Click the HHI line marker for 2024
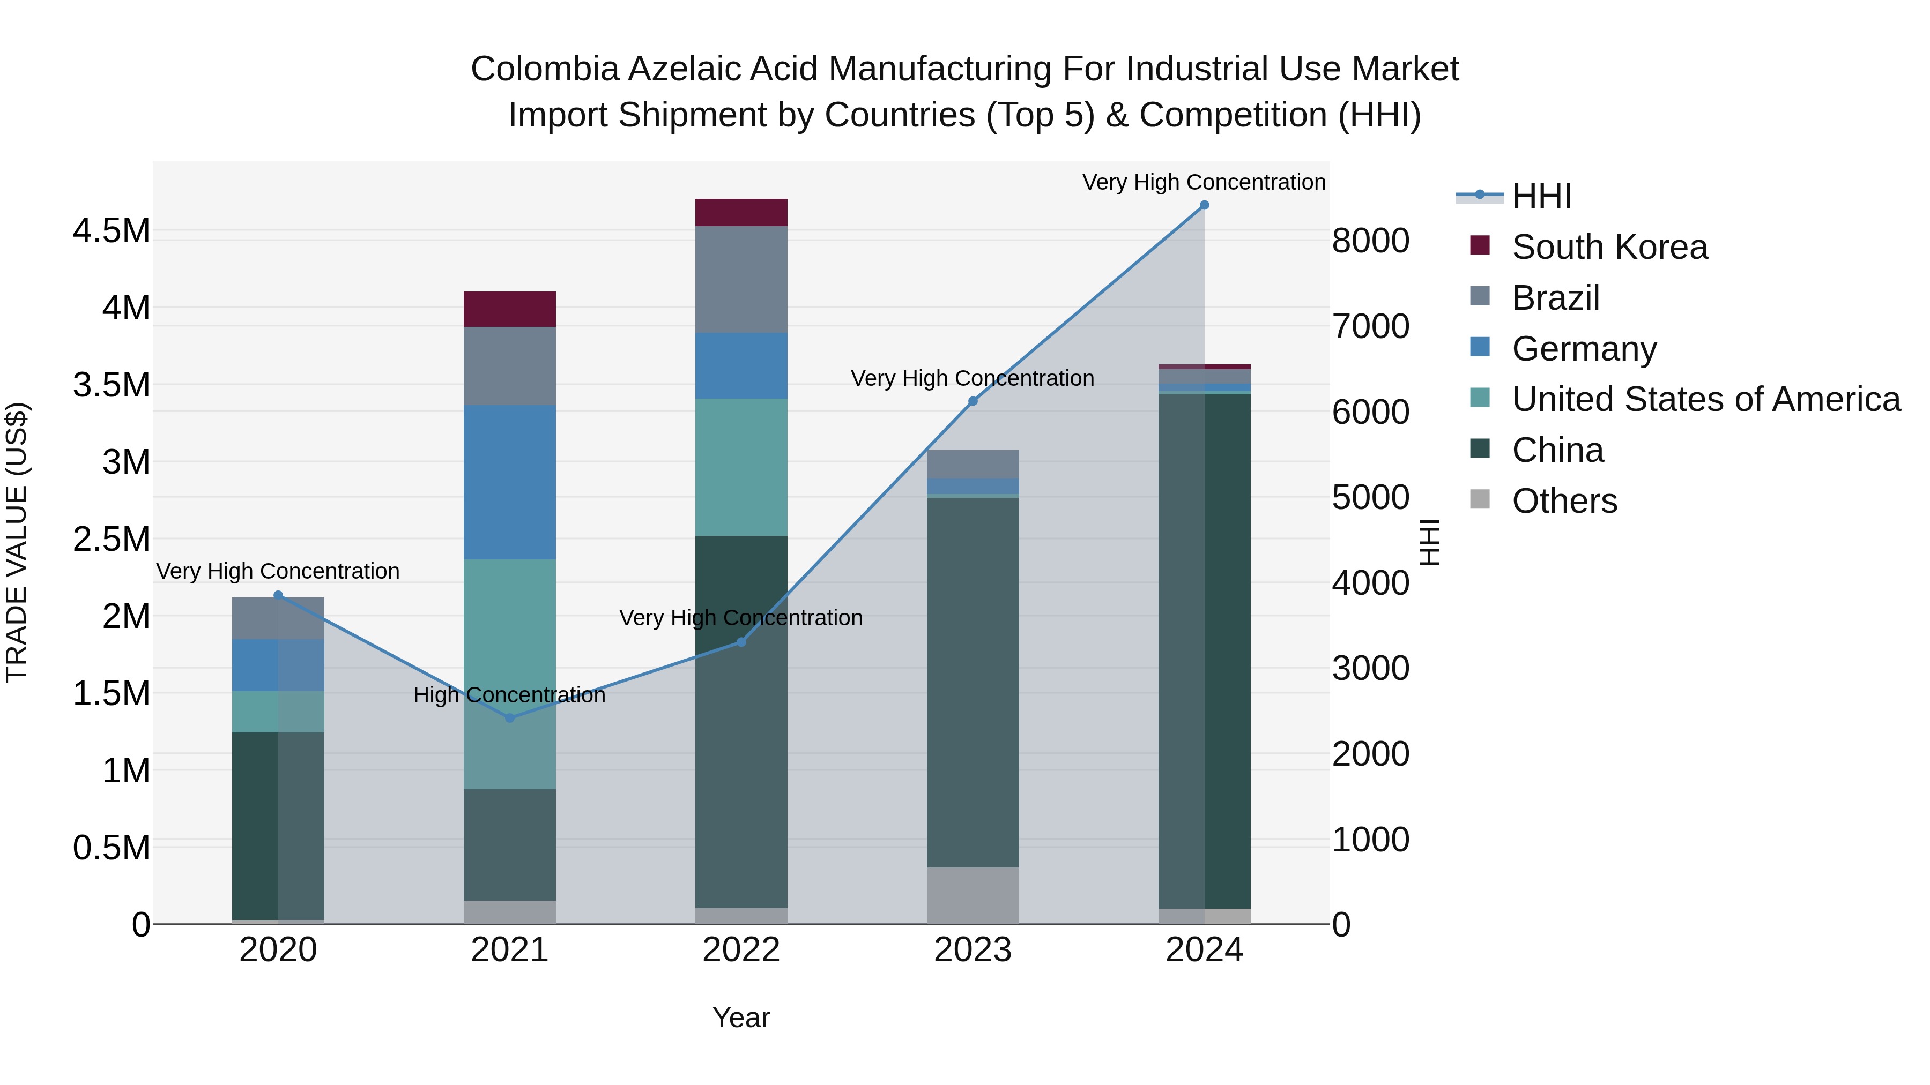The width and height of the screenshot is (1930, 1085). [1204, 205]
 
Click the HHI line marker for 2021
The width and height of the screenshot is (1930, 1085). [509, 718]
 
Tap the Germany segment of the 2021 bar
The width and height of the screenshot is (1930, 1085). [509, 482]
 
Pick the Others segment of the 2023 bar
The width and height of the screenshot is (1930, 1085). [973, 895]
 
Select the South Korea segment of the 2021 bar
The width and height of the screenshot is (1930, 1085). [509, 309]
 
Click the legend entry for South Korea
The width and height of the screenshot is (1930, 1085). [1609, 247]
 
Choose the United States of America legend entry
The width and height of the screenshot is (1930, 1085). [1705, 399]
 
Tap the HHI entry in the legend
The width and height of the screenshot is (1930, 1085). [1541, 196]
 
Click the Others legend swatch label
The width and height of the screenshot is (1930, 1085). [1564, 501]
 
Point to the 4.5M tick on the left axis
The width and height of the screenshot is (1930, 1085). [111, 230]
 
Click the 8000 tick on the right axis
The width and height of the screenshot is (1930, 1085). [1370, 241]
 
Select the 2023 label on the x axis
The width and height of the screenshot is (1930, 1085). [973, 950]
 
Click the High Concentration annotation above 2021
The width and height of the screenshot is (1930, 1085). [509, 695]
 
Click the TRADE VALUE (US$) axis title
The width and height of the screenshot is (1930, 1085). [17, 542]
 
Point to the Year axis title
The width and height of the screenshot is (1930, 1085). [741, 1017]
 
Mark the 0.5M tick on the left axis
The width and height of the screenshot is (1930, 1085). [111, 848]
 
